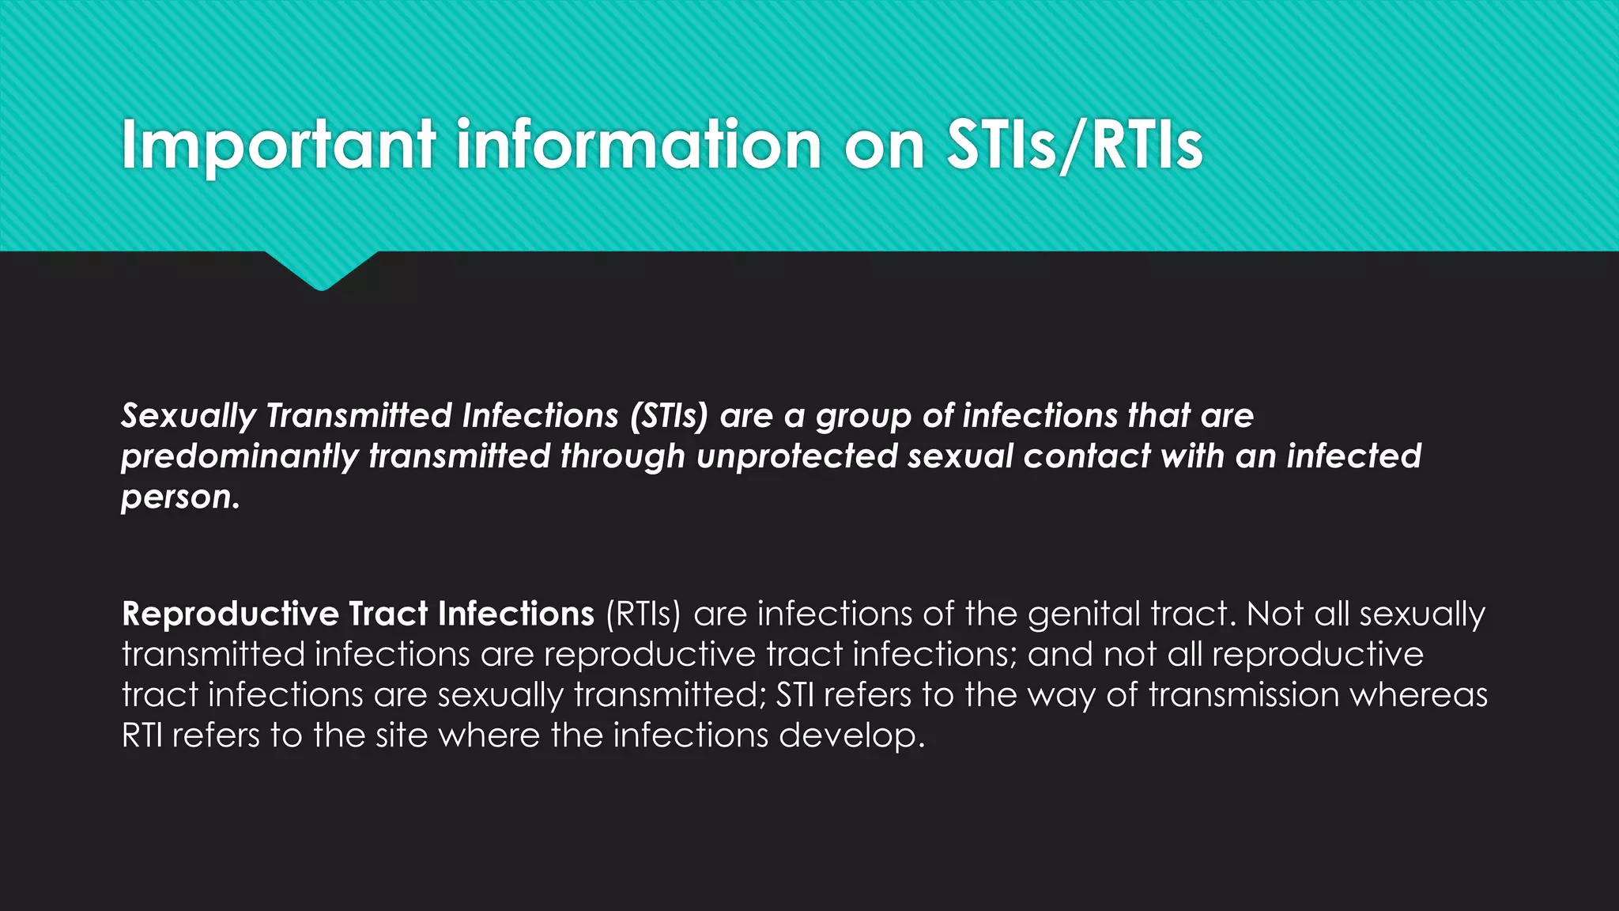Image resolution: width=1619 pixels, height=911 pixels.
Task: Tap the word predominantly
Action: (239, 457)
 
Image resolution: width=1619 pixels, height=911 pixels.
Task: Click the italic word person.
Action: (179, 497)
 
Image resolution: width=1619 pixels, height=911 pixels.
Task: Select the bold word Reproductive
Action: (230, 614)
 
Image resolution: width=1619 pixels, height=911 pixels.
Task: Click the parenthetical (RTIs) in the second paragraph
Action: (643, 614)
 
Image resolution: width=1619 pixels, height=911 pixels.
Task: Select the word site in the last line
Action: (402, 736)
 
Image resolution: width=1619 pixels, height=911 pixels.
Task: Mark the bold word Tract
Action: (388, 614)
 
